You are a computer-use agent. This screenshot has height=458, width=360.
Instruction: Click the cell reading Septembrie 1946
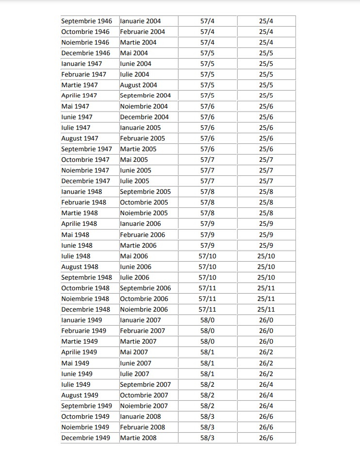tap(86, 21)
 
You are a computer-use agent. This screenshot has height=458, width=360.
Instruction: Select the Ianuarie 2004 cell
tap(140, 21)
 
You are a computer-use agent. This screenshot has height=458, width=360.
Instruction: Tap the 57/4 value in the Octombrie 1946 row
tap(207, 32)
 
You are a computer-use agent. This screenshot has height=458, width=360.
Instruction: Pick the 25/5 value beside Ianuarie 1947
tap(266, 63)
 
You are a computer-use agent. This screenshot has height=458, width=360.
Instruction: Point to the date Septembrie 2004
tap(145, 95)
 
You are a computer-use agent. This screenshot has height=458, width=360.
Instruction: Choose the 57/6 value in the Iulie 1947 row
tap(207, 127)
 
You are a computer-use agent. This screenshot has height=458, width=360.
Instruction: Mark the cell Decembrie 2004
tap(144, 117)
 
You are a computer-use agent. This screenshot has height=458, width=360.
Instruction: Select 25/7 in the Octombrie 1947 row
tap(266, 159)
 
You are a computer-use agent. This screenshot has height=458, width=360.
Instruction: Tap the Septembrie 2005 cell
tap(145, 191)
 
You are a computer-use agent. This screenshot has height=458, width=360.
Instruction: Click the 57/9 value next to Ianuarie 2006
tap(207, 223)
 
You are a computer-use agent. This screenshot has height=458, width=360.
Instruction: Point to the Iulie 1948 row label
tap(76, 256)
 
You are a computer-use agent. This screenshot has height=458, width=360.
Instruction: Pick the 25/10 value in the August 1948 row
tap(266, 267)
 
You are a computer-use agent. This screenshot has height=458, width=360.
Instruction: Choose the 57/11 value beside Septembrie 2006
tap(207, 288)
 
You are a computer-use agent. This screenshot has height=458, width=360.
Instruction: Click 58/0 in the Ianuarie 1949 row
tap(207, 320)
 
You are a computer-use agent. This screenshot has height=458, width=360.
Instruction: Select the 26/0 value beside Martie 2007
tap(266, 341)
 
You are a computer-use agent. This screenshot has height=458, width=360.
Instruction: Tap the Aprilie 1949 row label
tap(79, 352)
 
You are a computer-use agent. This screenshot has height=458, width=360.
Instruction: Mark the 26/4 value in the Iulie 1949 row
tap(266, 384)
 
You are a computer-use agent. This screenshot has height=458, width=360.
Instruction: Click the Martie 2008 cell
tap(138, 438)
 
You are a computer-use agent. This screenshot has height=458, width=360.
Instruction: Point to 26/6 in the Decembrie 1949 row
tap(266, 438)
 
